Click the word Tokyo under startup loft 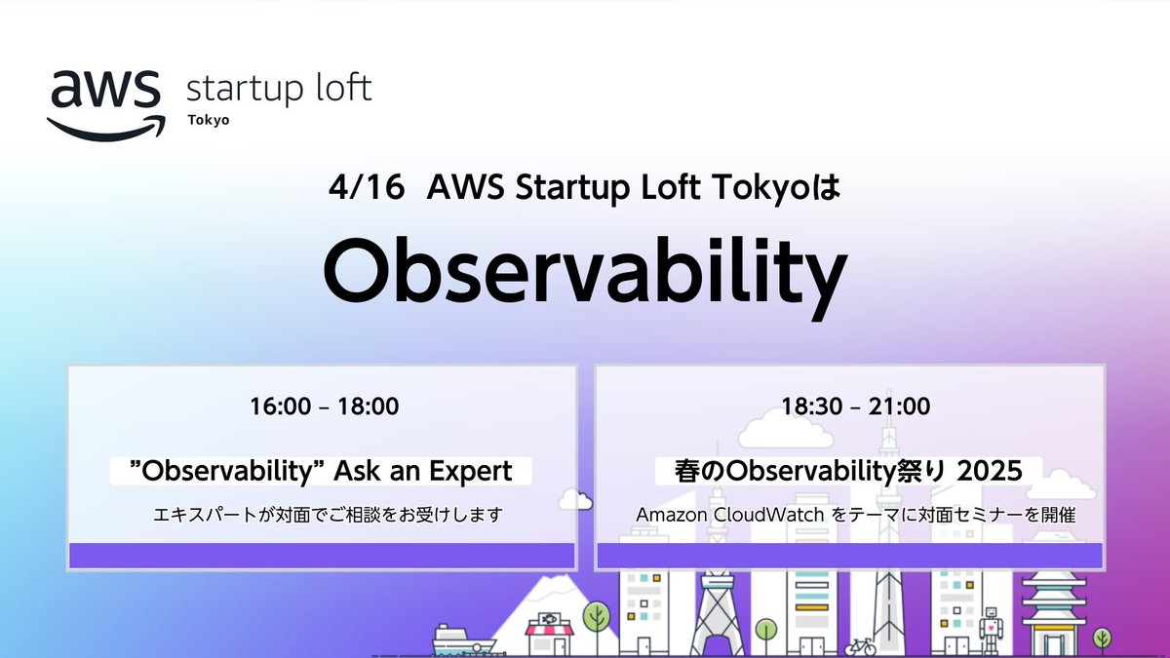[x=207, y=121]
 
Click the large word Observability [x=583, y=269]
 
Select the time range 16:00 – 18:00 [x=323, y=406]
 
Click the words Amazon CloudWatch [x=709, y=514]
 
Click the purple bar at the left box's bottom [x=323, y=556]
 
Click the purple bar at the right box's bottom [x=849, y=556]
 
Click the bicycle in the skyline [x=860, y=647]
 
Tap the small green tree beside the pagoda [x=1102, y=640]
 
